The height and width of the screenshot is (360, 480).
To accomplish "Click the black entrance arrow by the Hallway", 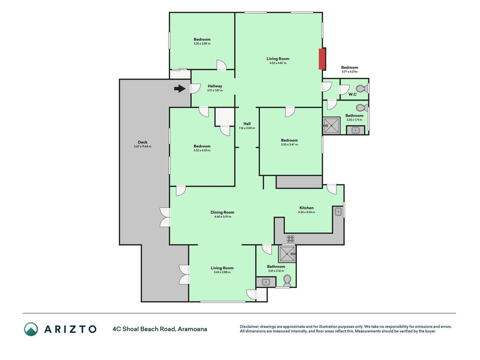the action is click(x=180, y=89).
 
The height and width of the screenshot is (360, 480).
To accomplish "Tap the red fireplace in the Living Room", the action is click(x=322, y=59).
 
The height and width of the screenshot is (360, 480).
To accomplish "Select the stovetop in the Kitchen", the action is click(x=290, y=239).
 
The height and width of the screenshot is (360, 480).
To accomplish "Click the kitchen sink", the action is click(x=338, y=211).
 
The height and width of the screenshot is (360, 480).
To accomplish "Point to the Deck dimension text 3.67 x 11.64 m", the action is click(x=142, y=146).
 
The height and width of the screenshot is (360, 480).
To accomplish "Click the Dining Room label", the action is click(x=222, y=212).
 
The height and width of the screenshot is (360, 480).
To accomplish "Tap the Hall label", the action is click(x=247, y=124).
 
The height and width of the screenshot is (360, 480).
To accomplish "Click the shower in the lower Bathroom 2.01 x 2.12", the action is click(x=287, y=254).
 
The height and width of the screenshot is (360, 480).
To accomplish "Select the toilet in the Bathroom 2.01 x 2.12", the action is click(x=287, y=280).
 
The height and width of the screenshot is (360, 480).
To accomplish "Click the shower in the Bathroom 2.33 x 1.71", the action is click(x=331, y=126).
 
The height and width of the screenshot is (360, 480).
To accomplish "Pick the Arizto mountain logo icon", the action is click(x=31, y=329).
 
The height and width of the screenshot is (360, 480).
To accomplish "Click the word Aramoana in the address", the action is click(x=193, y=329).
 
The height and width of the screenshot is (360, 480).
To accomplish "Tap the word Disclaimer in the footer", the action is click(x=249, y=327).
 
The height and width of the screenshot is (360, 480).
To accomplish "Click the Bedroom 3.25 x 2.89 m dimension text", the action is click(x=202, y=44).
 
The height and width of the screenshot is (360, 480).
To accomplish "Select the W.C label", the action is click(x=353, y=94).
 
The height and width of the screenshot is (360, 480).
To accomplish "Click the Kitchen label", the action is click(x=306, y=208).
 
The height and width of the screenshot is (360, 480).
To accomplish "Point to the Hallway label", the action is click(x=215, y=86).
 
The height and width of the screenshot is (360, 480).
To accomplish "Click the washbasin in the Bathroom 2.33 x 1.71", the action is click(x=355, y=130).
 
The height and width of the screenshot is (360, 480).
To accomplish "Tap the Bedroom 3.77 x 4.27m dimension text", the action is click(x=350, y=72).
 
